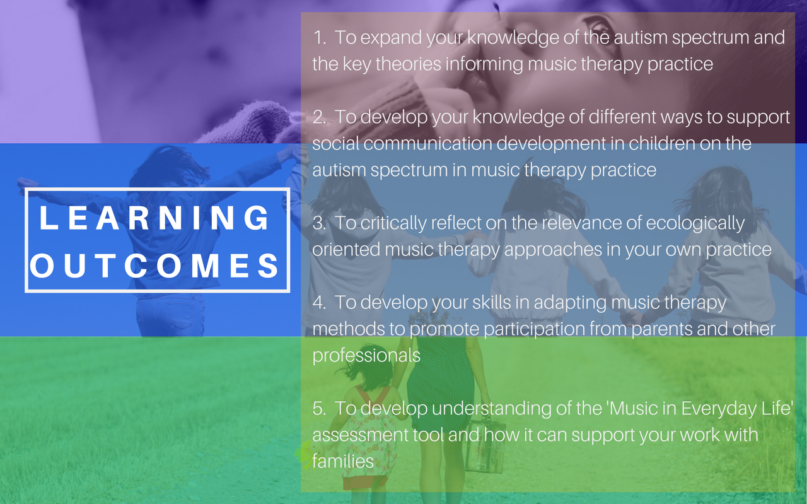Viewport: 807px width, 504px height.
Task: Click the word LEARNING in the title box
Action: (x=154, y=218)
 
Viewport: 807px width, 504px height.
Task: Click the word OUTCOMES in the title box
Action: (x=154, y=266)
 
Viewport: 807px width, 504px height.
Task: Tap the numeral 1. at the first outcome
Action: (x=320, y=38)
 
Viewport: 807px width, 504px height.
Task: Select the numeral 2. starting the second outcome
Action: (x=320, y=117)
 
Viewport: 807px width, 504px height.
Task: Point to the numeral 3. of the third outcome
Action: (x=320, y=223)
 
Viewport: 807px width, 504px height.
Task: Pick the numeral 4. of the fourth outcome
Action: (x=320, y=303)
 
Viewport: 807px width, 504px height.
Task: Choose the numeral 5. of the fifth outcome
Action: (x=320, y=409)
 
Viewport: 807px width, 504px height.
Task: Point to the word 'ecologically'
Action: (x=695, y=224)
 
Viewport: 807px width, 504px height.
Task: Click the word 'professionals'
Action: (x=366, y=356)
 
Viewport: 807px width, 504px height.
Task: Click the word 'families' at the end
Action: (x=343, y=462)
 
